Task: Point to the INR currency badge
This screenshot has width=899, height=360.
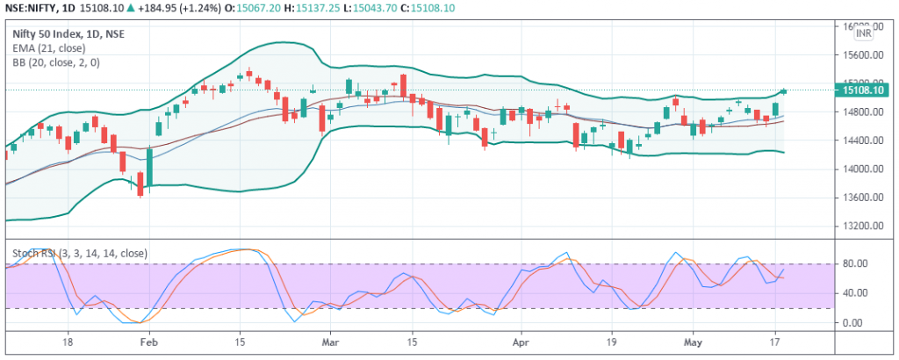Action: coord(864,32)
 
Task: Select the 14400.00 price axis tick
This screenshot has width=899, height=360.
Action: coord(859,140)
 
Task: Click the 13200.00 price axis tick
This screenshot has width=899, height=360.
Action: coord(859,226)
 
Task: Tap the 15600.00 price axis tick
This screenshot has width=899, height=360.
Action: coord(859,55)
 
